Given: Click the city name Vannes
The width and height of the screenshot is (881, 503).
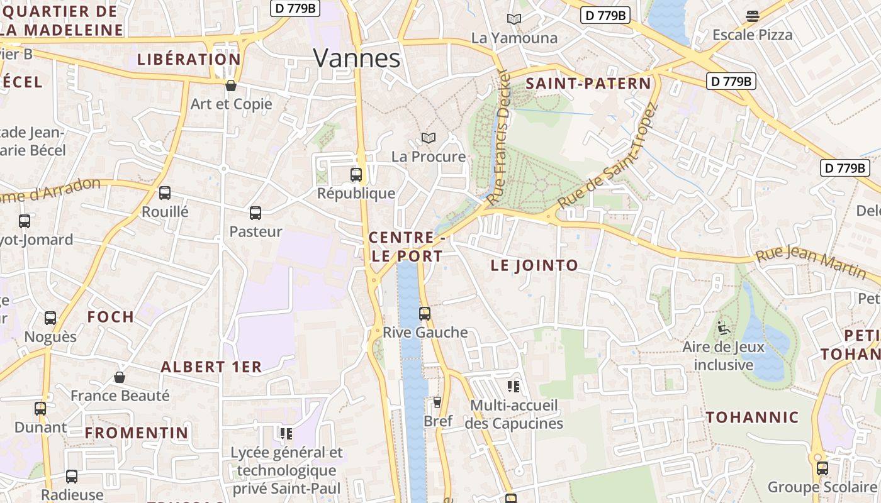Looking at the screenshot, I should (x=357, y=58).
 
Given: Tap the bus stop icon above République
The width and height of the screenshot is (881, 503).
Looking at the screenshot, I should (x=356, y=175).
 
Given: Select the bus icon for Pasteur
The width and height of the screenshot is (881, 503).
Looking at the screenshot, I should (x=255, y=213).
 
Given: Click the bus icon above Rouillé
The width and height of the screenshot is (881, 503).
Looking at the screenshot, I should (x=165, y=193).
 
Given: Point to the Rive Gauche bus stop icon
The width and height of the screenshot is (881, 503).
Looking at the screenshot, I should (x=425, y=313).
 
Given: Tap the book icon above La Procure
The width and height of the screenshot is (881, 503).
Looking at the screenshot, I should (x=429, y=138).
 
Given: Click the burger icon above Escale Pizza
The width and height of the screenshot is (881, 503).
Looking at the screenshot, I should (x=753, y=16).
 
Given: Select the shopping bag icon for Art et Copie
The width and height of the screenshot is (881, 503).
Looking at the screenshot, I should (x=231, y=86).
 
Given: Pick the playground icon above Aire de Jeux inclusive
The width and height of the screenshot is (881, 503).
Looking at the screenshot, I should (x=723, y=328).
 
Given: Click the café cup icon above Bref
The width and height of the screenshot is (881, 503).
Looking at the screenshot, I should (x=437, y=402).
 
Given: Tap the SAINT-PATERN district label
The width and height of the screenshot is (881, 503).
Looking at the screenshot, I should (x=588, y=84).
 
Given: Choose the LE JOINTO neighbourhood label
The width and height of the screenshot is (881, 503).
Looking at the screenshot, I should (x=534, y=265).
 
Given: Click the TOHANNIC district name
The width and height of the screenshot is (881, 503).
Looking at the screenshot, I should (x=752, y=417).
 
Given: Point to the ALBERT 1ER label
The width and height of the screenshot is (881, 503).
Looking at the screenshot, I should (x=211, y=367).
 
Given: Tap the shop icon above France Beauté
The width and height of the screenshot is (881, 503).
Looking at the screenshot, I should (x=120, y=377).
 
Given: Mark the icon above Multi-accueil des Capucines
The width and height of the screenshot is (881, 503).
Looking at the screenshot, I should (x=513, y=386).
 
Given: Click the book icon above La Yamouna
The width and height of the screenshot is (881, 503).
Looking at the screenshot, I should (x=514, y=19).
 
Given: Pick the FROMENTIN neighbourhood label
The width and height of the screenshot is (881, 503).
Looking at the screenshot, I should (x=137, y=433).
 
